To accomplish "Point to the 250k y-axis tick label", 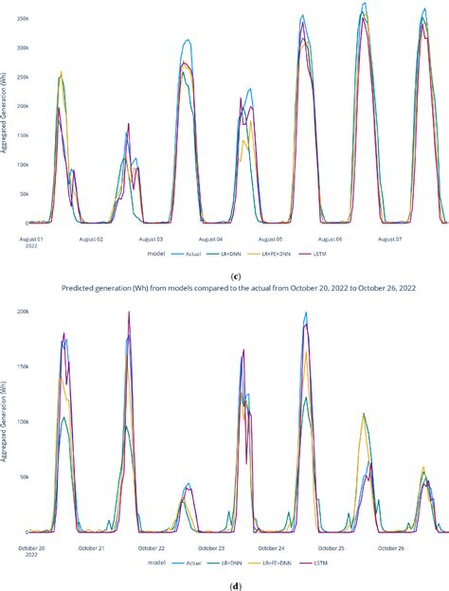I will coord(16,78).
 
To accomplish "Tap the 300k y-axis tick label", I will coord(16,48).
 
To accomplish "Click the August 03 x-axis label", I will coord(147,240).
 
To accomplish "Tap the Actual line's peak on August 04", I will coord(188,41).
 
